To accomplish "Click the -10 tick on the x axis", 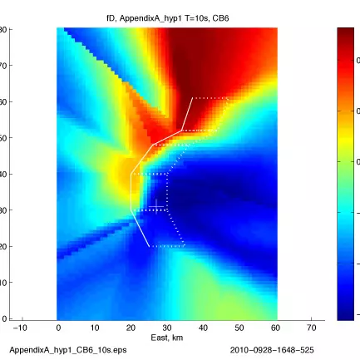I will [x=21, y=328].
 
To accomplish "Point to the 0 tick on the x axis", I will [x=57, y=328].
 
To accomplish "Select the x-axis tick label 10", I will [x=94, y=328].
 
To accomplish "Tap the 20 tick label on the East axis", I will [x=131, y=328].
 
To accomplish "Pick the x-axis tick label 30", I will [x=167, y=328].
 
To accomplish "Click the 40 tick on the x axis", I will [x=203, y=328].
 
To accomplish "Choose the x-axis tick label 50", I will [x=239, y=328].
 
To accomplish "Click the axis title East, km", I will [x=167, y=338].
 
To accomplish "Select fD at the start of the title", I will [x=111, y=17].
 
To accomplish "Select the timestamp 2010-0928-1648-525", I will [x=272, y=350].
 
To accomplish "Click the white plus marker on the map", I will [x=156, y=206].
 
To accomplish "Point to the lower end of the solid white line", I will [x=150, y=247].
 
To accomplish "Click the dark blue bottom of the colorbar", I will [x=347, y=315].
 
